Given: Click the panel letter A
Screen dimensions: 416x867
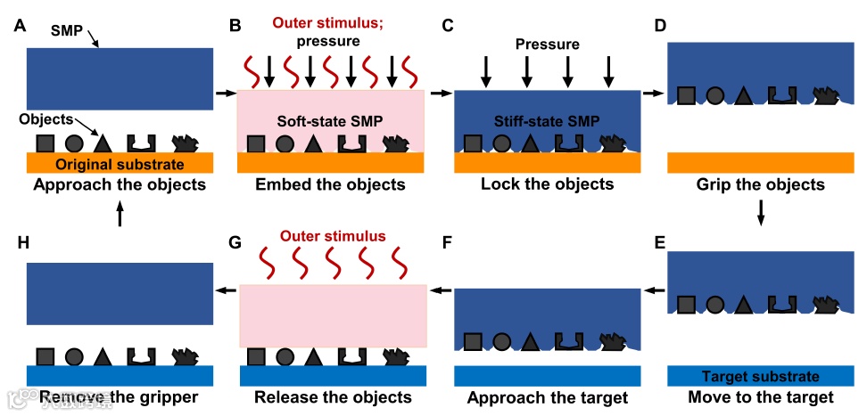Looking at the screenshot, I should [x=20, y=26].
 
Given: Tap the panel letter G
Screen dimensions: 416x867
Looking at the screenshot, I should [x=235, y=241].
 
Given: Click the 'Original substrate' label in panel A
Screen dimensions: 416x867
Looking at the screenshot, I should [x=120, y=165].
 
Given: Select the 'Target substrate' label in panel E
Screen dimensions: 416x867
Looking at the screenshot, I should [x=761, y=376].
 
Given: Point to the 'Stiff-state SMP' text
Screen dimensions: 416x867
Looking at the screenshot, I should [x=546, y=119].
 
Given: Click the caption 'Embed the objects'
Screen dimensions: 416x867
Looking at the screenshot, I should [x=330, y=185].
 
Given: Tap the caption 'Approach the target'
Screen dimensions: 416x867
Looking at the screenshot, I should [x=548, y=397].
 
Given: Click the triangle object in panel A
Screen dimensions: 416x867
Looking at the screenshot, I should [x=103, y=143].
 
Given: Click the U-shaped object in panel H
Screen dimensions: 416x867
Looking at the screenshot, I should [x=140, y=355].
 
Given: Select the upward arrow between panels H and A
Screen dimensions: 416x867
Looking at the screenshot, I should [x=120, y=214].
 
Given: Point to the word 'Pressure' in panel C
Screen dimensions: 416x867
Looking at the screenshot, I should [x=547, y=44].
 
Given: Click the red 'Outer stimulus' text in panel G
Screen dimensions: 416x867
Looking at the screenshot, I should [x=333, y=237].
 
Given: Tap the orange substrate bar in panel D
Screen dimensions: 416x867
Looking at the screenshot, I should [x=761, y=164].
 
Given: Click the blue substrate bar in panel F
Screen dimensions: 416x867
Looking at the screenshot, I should [x=548, y=375].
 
